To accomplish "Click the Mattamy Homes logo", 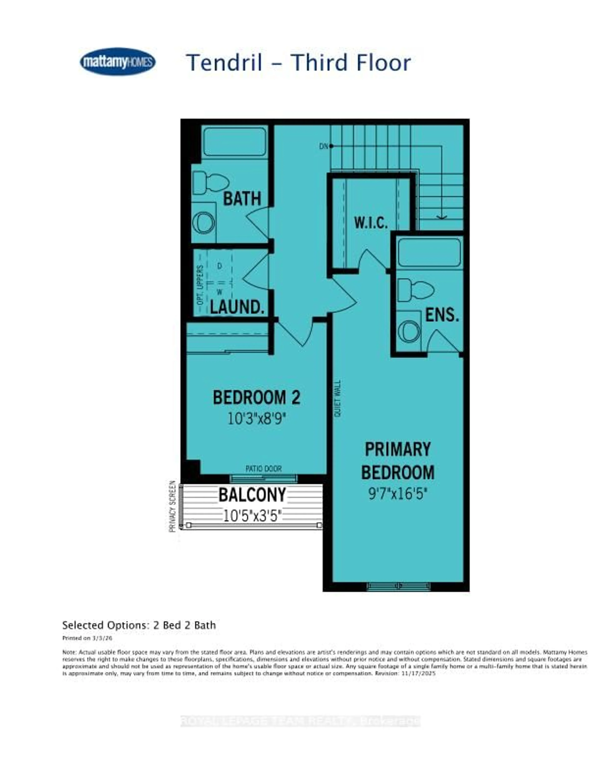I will (x=118, y=62).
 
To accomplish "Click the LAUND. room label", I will (x=237, y=307).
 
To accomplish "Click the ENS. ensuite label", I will (x=442, y=315).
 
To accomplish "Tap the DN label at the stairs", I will (x=323, y=146).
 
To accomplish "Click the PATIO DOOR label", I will (x=263, y=469).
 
